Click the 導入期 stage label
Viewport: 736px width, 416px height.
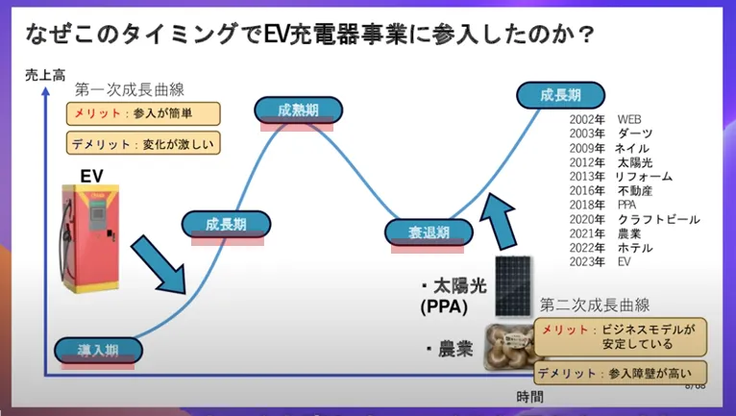[97, 350]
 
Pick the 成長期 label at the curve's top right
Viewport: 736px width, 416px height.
[560, 95]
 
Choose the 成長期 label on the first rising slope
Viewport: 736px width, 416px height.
[226, 225]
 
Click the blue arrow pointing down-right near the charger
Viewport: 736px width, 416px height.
[159, 261]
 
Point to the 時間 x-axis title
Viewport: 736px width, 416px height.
[529, 396]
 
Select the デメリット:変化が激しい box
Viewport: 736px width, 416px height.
[144, 144]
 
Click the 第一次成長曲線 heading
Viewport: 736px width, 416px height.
[130, 89]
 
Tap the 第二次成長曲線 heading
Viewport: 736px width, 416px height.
[595, 306]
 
